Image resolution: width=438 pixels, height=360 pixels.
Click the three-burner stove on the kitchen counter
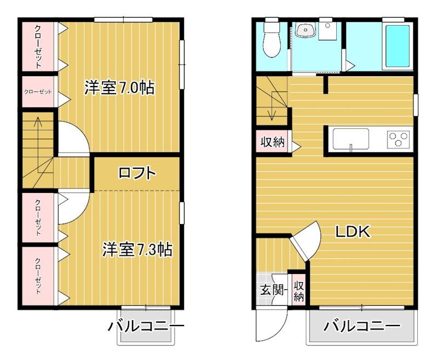[x=399, y=138]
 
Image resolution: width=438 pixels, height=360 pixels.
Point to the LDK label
[x=353, y=232]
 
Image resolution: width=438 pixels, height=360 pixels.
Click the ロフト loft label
[x=137, y=174]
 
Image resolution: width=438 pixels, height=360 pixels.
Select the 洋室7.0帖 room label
[x=119, y=88]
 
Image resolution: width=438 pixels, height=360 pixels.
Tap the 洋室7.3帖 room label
[x=137, y=250]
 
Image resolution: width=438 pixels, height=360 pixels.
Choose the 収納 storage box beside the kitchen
[x=272, y=142]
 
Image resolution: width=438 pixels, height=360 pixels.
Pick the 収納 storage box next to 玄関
[x=299, y=290]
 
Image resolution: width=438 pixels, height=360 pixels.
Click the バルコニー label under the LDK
[x=361, y=327]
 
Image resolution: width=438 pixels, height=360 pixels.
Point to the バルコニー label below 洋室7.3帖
[x=146, y=327]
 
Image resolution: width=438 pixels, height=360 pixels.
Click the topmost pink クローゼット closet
[x=38, y=46]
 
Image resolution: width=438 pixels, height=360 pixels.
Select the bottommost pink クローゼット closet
[x=38, y=276]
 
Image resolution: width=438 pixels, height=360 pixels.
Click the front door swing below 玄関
[x=269, y=329]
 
